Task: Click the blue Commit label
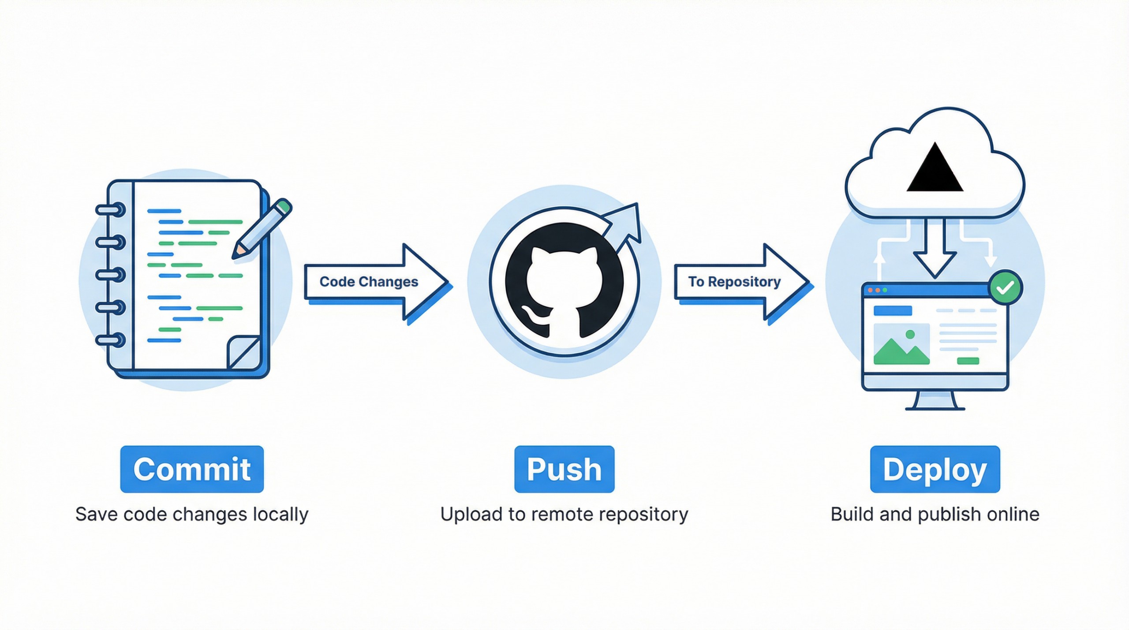[x=192, y=469]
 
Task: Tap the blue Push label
[x=564, y=469]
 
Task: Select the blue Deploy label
[x=935, y=469]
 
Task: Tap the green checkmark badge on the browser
[x=1006, y=287]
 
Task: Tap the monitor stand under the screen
[x=935, y=401]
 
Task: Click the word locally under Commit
[x=281, y=514]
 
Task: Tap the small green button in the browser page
[x=968, y=361]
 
